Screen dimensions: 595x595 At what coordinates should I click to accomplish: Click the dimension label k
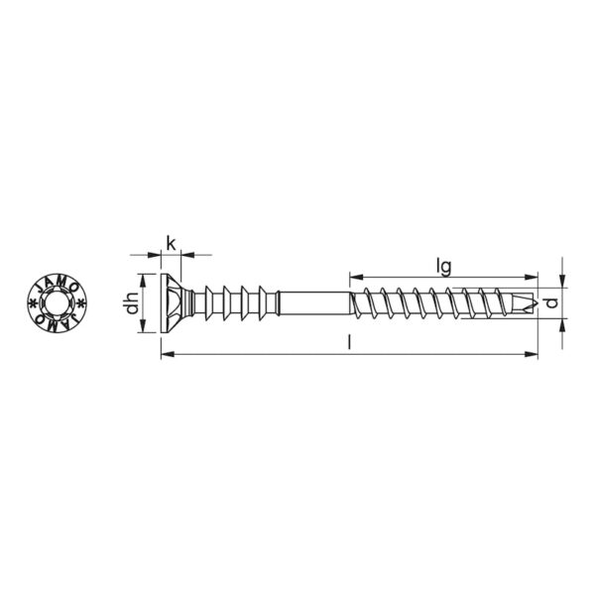coord(172,243)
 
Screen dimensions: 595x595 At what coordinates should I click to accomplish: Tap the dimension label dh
coord(132,303)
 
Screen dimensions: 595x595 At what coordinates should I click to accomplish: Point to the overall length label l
coord(349,342)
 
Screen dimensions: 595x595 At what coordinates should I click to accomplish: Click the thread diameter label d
coord(553,302)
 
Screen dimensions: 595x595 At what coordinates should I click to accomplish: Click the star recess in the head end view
coord(57,302)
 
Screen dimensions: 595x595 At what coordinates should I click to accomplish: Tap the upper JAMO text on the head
coord(57,282)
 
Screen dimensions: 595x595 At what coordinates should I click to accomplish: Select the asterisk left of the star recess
coord(33,302)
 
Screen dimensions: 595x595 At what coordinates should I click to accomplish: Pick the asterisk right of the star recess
coord(81,302)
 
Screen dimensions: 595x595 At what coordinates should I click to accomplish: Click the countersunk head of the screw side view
coord(175,303)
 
